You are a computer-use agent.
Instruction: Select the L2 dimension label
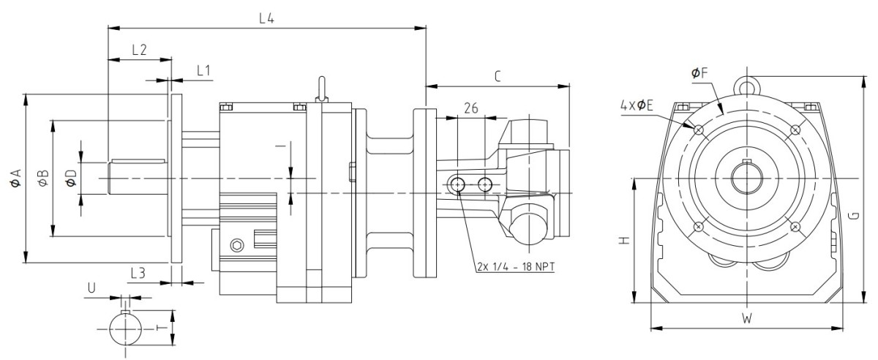[139, 50]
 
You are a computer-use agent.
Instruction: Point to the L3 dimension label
[137, 272]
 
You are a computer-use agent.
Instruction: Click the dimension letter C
[497, 75]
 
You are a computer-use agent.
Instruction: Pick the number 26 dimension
[470, 108]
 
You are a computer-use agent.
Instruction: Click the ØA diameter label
[15, 177]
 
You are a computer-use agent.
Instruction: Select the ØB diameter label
[42, 177]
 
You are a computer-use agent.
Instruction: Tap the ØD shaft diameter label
[71, 177]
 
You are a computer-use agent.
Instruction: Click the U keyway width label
[91, 288]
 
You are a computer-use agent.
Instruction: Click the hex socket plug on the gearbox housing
[237, 244]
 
